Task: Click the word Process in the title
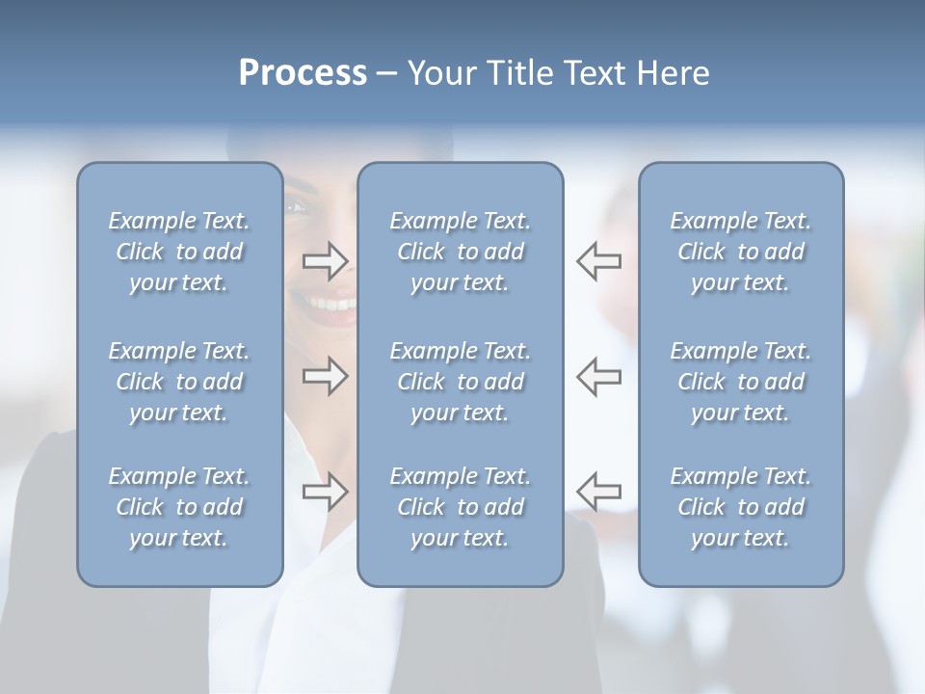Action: pos(303,73)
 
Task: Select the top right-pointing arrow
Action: pos(325,261)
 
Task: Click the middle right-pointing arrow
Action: pos(325,376)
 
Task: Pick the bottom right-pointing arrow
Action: pos(325,492)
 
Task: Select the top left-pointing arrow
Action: pos(598,261)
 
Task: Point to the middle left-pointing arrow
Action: pos(598,376)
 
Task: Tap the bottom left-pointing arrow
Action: pos(598,492)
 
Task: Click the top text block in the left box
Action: pos(179,252)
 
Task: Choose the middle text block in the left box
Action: pos(179,382)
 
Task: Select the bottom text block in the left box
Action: pos(179,507)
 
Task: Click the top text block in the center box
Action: pos(461,252)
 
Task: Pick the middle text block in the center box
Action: pos(461,382)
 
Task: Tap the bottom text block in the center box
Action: pos(461,507)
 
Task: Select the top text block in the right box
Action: pos(741,252)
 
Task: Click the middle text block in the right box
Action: pos(741,382)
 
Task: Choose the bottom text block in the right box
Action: pos(741,507)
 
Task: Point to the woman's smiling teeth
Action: pos(331,305)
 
